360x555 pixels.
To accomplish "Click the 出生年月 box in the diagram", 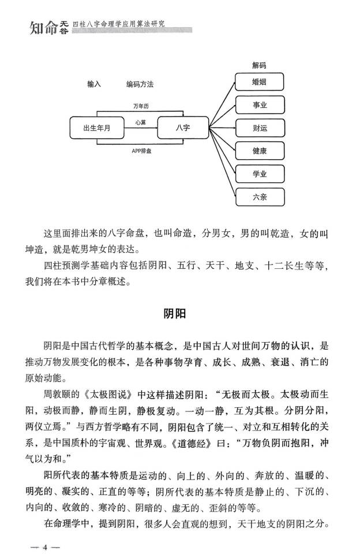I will [x=96, y=127].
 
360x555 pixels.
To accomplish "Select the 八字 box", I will [x=182, y=127].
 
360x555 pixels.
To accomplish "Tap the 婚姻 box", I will [x=260, y=82].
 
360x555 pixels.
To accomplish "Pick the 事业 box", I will [x=260, y=106].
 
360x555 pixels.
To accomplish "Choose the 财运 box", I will [x=260, y=128].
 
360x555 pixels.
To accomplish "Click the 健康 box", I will [x=260, y=151].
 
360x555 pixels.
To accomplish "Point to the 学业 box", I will [x=260, y=174].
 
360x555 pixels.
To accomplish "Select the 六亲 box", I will [x=260, y=197].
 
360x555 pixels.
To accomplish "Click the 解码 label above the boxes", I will [x=260, y=66].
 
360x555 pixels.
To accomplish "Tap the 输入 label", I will [x=95, y=84].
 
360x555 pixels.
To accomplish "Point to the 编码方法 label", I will [x=140, y=84].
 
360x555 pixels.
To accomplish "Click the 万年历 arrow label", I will [x=141, y=107].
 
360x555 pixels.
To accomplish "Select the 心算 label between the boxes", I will [x=141, y=122].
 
